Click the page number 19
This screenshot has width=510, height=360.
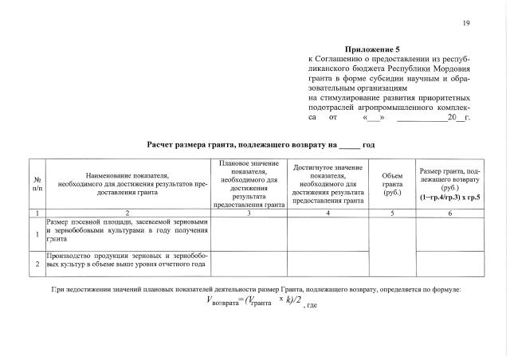(465, 22)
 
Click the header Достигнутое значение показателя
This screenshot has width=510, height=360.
(328, 183)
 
